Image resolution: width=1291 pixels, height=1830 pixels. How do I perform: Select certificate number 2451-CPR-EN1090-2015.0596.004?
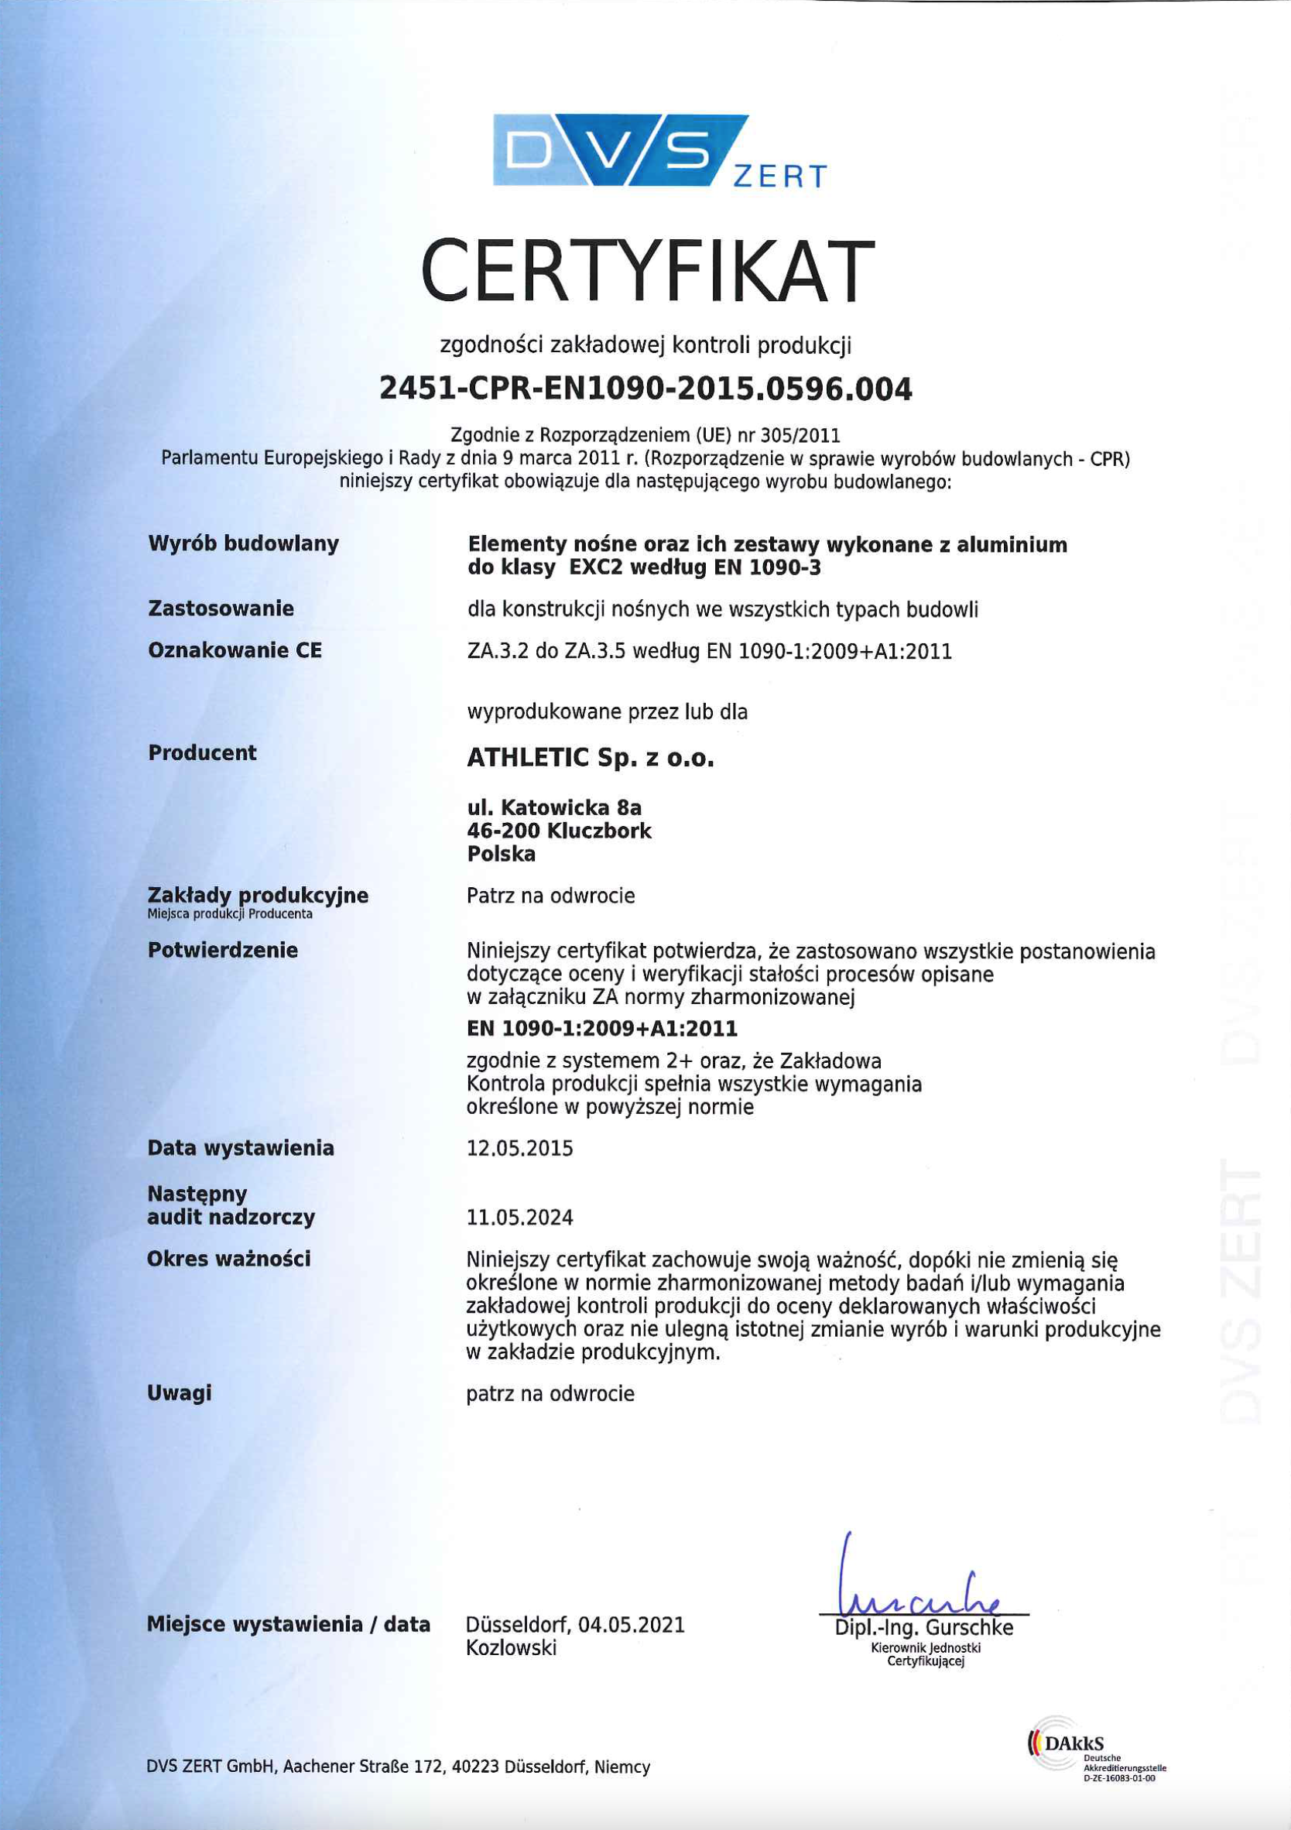pyautogui.click(x=645, y=389)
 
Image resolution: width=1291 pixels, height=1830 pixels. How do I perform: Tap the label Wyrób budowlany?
pyautogui.click(x=243, y=543)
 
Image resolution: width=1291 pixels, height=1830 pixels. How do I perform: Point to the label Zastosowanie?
pyautogui.click(x=221, y=608)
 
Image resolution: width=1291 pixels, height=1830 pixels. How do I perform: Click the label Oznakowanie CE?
pyautogui.click(x=235, y=650)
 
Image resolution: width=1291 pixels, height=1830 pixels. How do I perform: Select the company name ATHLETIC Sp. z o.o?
pyautogui.click(x=591, y=757)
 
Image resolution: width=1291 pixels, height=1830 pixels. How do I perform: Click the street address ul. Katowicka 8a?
pyautogui.click(x=554, y=808)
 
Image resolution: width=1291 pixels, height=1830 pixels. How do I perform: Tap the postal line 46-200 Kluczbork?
pyautogui.click(x=559, y=831)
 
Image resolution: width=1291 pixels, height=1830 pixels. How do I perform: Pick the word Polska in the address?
pyautogui.click(x=502, y=854)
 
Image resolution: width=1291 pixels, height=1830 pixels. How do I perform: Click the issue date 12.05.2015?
pyautogui.click(x=519, y=1149)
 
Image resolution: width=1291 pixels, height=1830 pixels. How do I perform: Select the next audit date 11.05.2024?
pyautogui.click(x=519, y=1217)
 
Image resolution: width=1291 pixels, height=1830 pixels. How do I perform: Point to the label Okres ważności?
pyautogui.click(x=229, y=1259)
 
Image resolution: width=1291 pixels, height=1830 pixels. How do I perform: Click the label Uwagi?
pyautogui.click(x=180, y=1393)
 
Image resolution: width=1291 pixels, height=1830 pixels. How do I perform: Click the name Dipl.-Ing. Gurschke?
pyautogui.click(x=923, y=1626)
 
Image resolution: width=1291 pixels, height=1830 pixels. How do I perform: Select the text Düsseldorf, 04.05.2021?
pyautogui.click(x=575, y=1624)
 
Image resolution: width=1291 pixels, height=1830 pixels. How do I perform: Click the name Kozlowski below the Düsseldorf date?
pyautogui.click(x=511, y=1647)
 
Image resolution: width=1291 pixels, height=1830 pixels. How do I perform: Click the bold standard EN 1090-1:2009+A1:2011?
pyautogui.click(x=601, y=1029)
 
